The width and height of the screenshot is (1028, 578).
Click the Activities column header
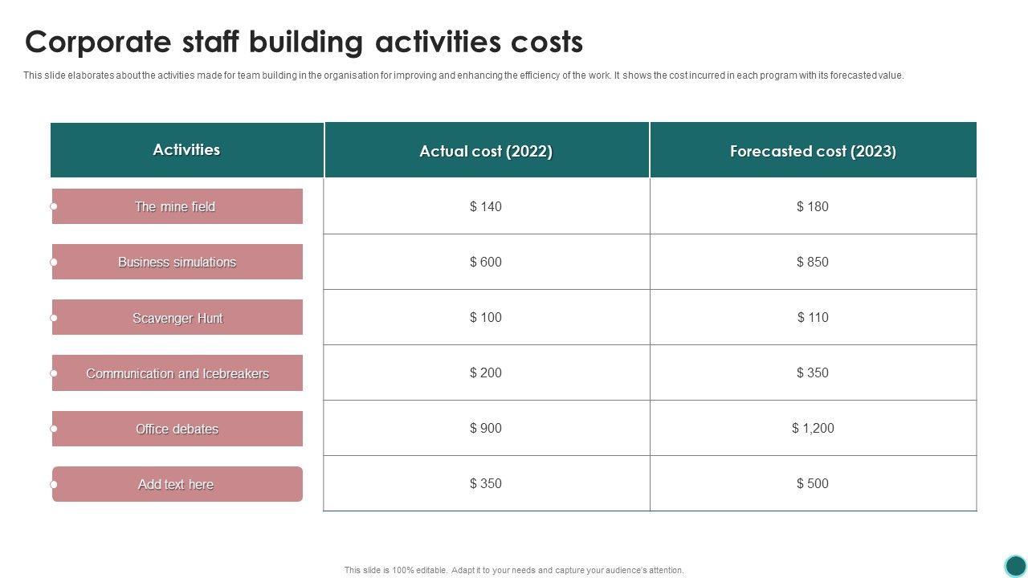click(x=186, y=150)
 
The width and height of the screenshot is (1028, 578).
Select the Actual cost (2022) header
click(x=486, y=151)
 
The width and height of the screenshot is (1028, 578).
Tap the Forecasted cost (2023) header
click(x=813, y=151)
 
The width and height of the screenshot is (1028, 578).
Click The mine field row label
click(x=175, y=206)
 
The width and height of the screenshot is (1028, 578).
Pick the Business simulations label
click(x=177, y=262)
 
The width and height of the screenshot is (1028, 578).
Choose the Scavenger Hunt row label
click(x=177, y=318)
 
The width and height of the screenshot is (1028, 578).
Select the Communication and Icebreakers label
click(x=177, y=373)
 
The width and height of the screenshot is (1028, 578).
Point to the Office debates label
click(x=177, y=429)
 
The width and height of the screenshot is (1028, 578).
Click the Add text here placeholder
click(x=176, y=484)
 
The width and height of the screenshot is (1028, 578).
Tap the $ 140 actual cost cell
click(x=486, y=206)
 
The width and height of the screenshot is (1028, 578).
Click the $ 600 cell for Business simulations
click(x=486, y=262)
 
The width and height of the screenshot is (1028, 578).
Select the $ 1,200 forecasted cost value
click(x=813, y=428)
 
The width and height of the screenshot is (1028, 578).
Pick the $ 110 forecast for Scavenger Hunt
click(x=813, y=317)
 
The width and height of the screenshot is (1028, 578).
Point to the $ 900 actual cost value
click(x=486, y=428)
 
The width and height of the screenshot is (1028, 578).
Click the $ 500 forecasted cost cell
click(x=813, y=483)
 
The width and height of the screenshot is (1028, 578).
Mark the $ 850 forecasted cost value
click(x=813, y=262)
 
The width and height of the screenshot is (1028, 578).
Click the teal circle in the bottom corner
click(x=1016, y=566)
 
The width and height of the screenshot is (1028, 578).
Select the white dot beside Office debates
click(x=54, y=429)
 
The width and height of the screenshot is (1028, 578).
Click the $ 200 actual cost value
click(x=486, y=372)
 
